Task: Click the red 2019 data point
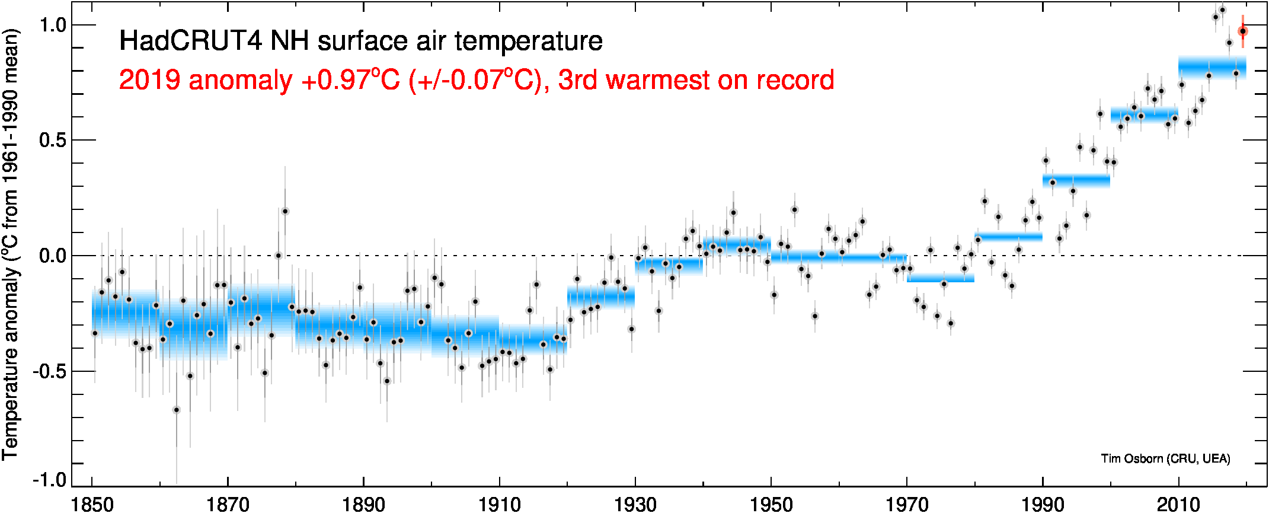click(1243, 31)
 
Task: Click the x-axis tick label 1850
click(92, 504)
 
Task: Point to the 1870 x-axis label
click(228, 504)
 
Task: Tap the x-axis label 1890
click(363, 504)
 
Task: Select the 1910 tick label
click(499, 504)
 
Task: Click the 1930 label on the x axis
click(635, 504)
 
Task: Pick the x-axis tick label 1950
click(771, 504)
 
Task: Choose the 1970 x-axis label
click(907, 504)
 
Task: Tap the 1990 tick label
click(1043, 504)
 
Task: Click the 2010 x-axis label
click(1178, 504)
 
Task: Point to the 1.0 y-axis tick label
click(52, 25)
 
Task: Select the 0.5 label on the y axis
click(52, 141)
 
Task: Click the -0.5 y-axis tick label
click(49, 372)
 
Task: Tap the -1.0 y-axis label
click(49, 480)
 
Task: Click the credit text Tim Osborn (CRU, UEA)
click(1165, 458)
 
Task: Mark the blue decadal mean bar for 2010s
click(1212, 68)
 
